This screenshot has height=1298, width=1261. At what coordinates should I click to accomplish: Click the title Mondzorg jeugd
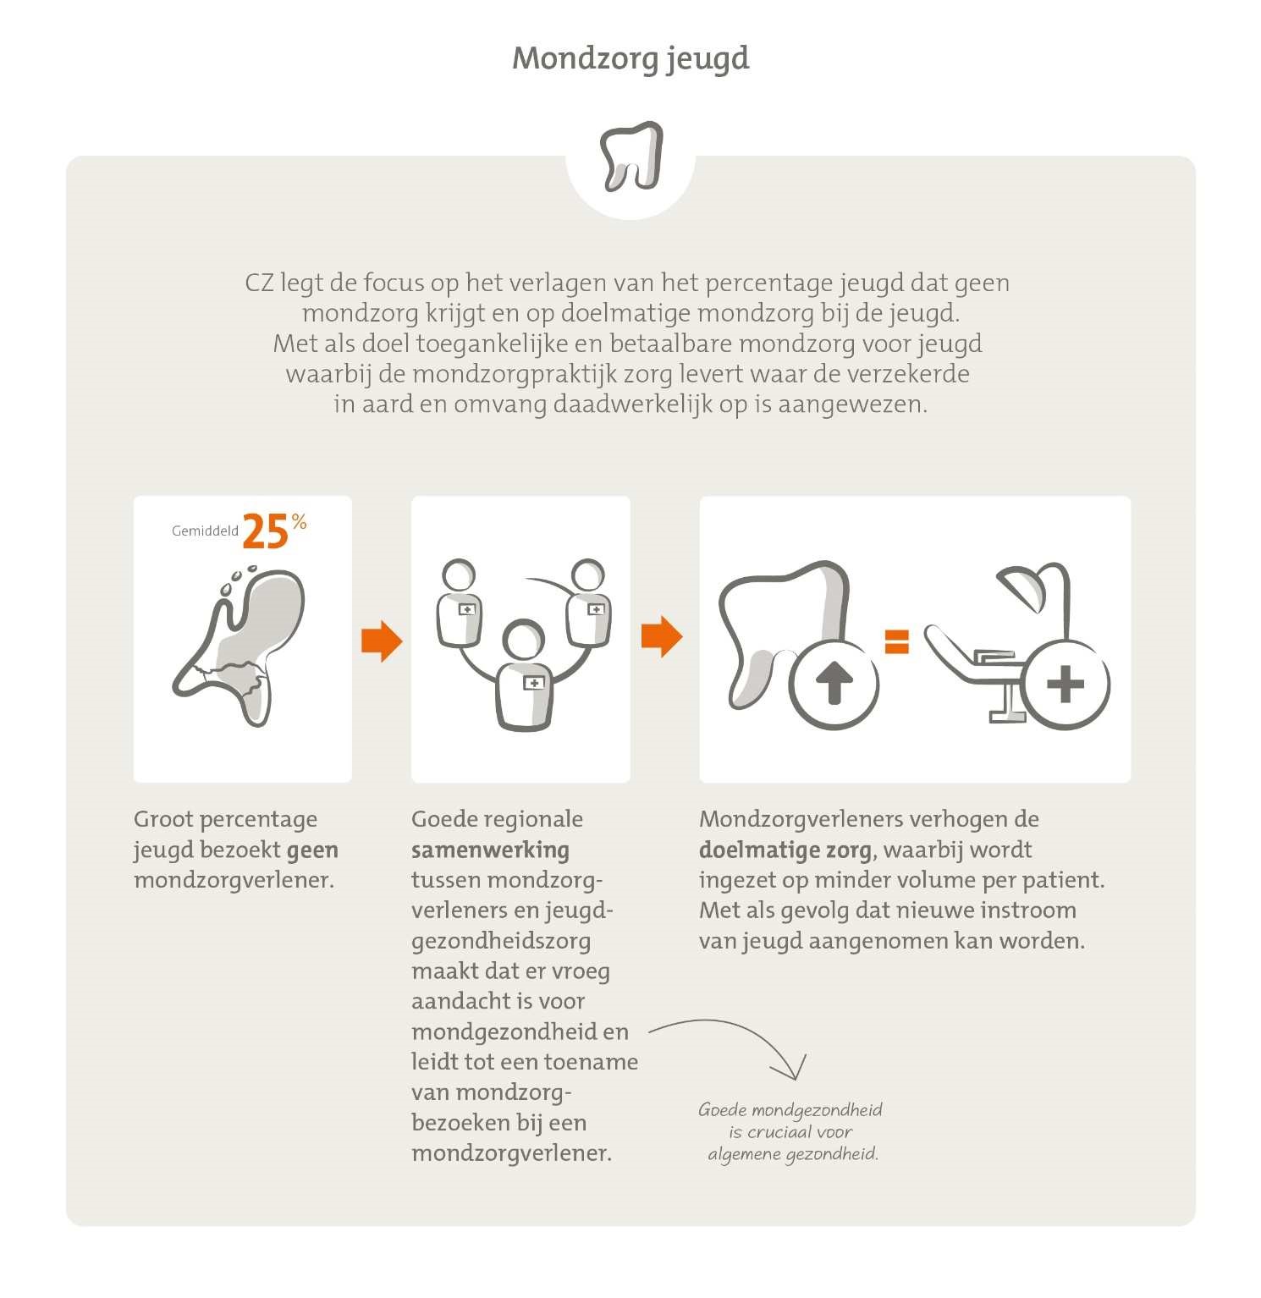[x=630, y=58]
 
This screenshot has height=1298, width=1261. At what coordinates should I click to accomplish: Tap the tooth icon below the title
[x=630, y=156]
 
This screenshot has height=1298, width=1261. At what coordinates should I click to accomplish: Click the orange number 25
[x=266, y=533]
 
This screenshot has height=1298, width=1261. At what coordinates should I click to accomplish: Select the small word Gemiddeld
[x=205, y=531]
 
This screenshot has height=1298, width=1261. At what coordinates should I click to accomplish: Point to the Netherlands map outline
[x=241, y=647]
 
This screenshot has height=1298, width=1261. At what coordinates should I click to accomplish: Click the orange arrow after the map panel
[x=381, y=641]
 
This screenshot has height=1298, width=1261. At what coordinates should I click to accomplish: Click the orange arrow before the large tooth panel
[x=661, y=635]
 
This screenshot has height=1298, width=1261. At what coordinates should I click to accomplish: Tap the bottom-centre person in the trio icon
[x=525, y=677]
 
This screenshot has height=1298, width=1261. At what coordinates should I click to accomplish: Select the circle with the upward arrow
[x=834, y=684]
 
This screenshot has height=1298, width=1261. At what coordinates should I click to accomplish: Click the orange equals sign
[x=896, y=641]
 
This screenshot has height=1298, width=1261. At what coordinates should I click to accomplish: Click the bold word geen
[x=312, y=850]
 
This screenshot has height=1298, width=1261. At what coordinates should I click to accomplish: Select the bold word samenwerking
[x=490, y=850]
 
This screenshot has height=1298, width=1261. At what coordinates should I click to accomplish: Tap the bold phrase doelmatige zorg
[x=785, y=850]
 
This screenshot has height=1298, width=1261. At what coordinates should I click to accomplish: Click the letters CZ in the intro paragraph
[x=259, y=283]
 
